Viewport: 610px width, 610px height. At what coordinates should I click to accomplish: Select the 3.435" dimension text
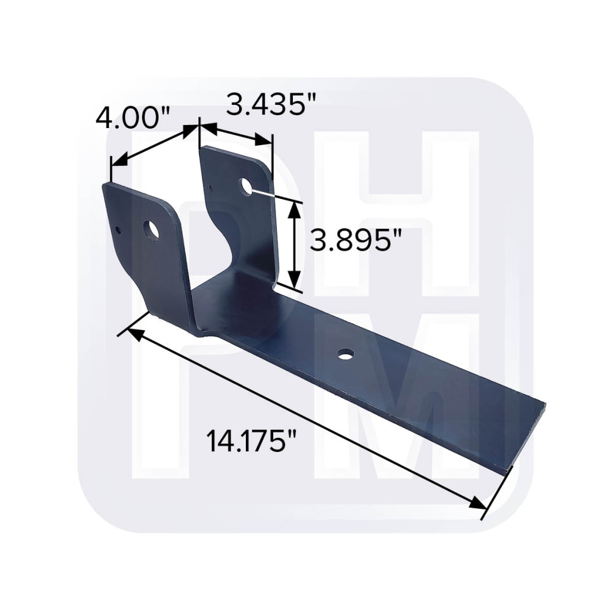pyautogui.click(x=265, y=104)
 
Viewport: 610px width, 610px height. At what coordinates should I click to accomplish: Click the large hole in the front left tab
pyautogui.click(x=151, y=231)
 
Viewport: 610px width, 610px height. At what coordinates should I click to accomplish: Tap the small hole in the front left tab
pyautogui.click(x=118, y=230)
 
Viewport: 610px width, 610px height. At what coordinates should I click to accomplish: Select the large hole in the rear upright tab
pyautogui.click(x=246, y=185)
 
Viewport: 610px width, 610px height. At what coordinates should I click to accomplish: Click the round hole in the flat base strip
pyautogui.click(x=346, y=354)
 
